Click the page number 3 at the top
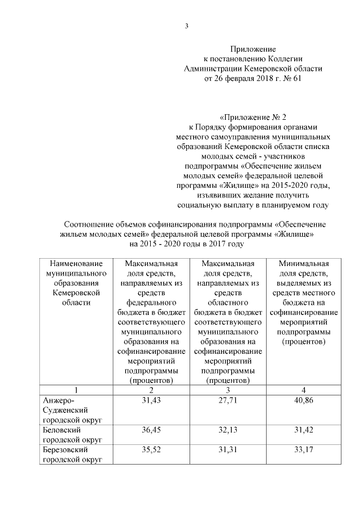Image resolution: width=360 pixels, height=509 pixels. click(186, 26)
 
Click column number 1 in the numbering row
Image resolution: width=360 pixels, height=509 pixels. click(75, 390)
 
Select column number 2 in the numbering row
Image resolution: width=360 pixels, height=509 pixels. click(150, 390)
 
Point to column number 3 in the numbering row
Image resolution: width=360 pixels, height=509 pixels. click(227, 390)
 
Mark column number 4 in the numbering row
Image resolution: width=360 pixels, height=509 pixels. click(303, 390)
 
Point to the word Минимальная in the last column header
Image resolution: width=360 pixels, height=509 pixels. click(303, 263)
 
